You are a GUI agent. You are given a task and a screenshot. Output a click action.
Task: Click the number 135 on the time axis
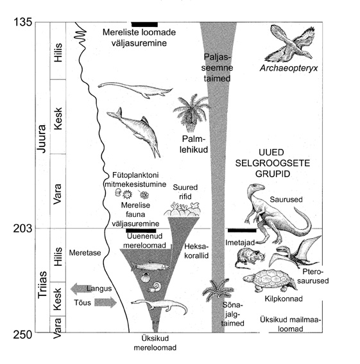pyautogui.click(x=23, y=22)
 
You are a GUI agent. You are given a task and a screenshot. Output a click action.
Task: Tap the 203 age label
pyautogui.click(x=22, y=229)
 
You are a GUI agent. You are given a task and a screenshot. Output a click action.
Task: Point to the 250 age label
pyautogui.click(x=22, y=334)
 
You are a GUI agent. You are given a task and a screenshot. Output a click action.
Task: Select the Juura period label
pyautogui.click(x=42, y=139)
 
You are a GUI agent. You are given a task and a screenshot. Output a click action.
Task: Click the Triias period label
pyautogui.click(x=42, y=284)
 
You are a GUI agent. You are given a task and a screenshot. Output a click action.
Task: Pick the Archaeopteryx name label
pyautogui.click(x=289, y=68)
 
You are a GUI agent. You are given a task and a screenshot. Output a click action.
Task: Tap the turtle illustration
pyautogui.click(x=270, y=281)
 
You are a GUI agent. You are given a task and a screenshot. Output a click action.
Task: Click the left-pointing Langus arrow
pyautogui.click(x=81, y=288)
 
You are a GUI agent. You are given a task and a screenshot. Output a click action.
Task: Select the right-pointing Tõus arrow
pyautogui.click(x=106, y=302)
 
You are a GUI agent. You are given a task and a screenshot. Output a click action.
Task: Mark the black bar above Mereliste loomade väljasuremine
pyautogui.click(x=144, y=24)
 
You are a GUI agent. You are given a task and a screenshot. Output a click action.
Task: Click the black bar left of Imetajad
pyautogui.click(x=242, y=230)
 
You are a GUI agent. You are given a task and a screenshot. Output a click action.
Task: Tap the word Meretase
pyautogui.click(x=85, y=252)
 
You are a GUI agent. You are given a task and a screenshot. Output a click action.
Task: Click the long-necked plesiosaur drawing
pyautogui.click(x=135, y=89)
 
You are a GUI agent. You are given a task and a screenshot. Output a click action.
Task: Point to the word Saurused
pyautogui.click(x=286, y=200)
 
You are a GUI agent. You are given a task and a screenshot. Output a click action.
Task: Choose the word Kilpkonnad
pyautogui.click(x=284, y=299)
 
